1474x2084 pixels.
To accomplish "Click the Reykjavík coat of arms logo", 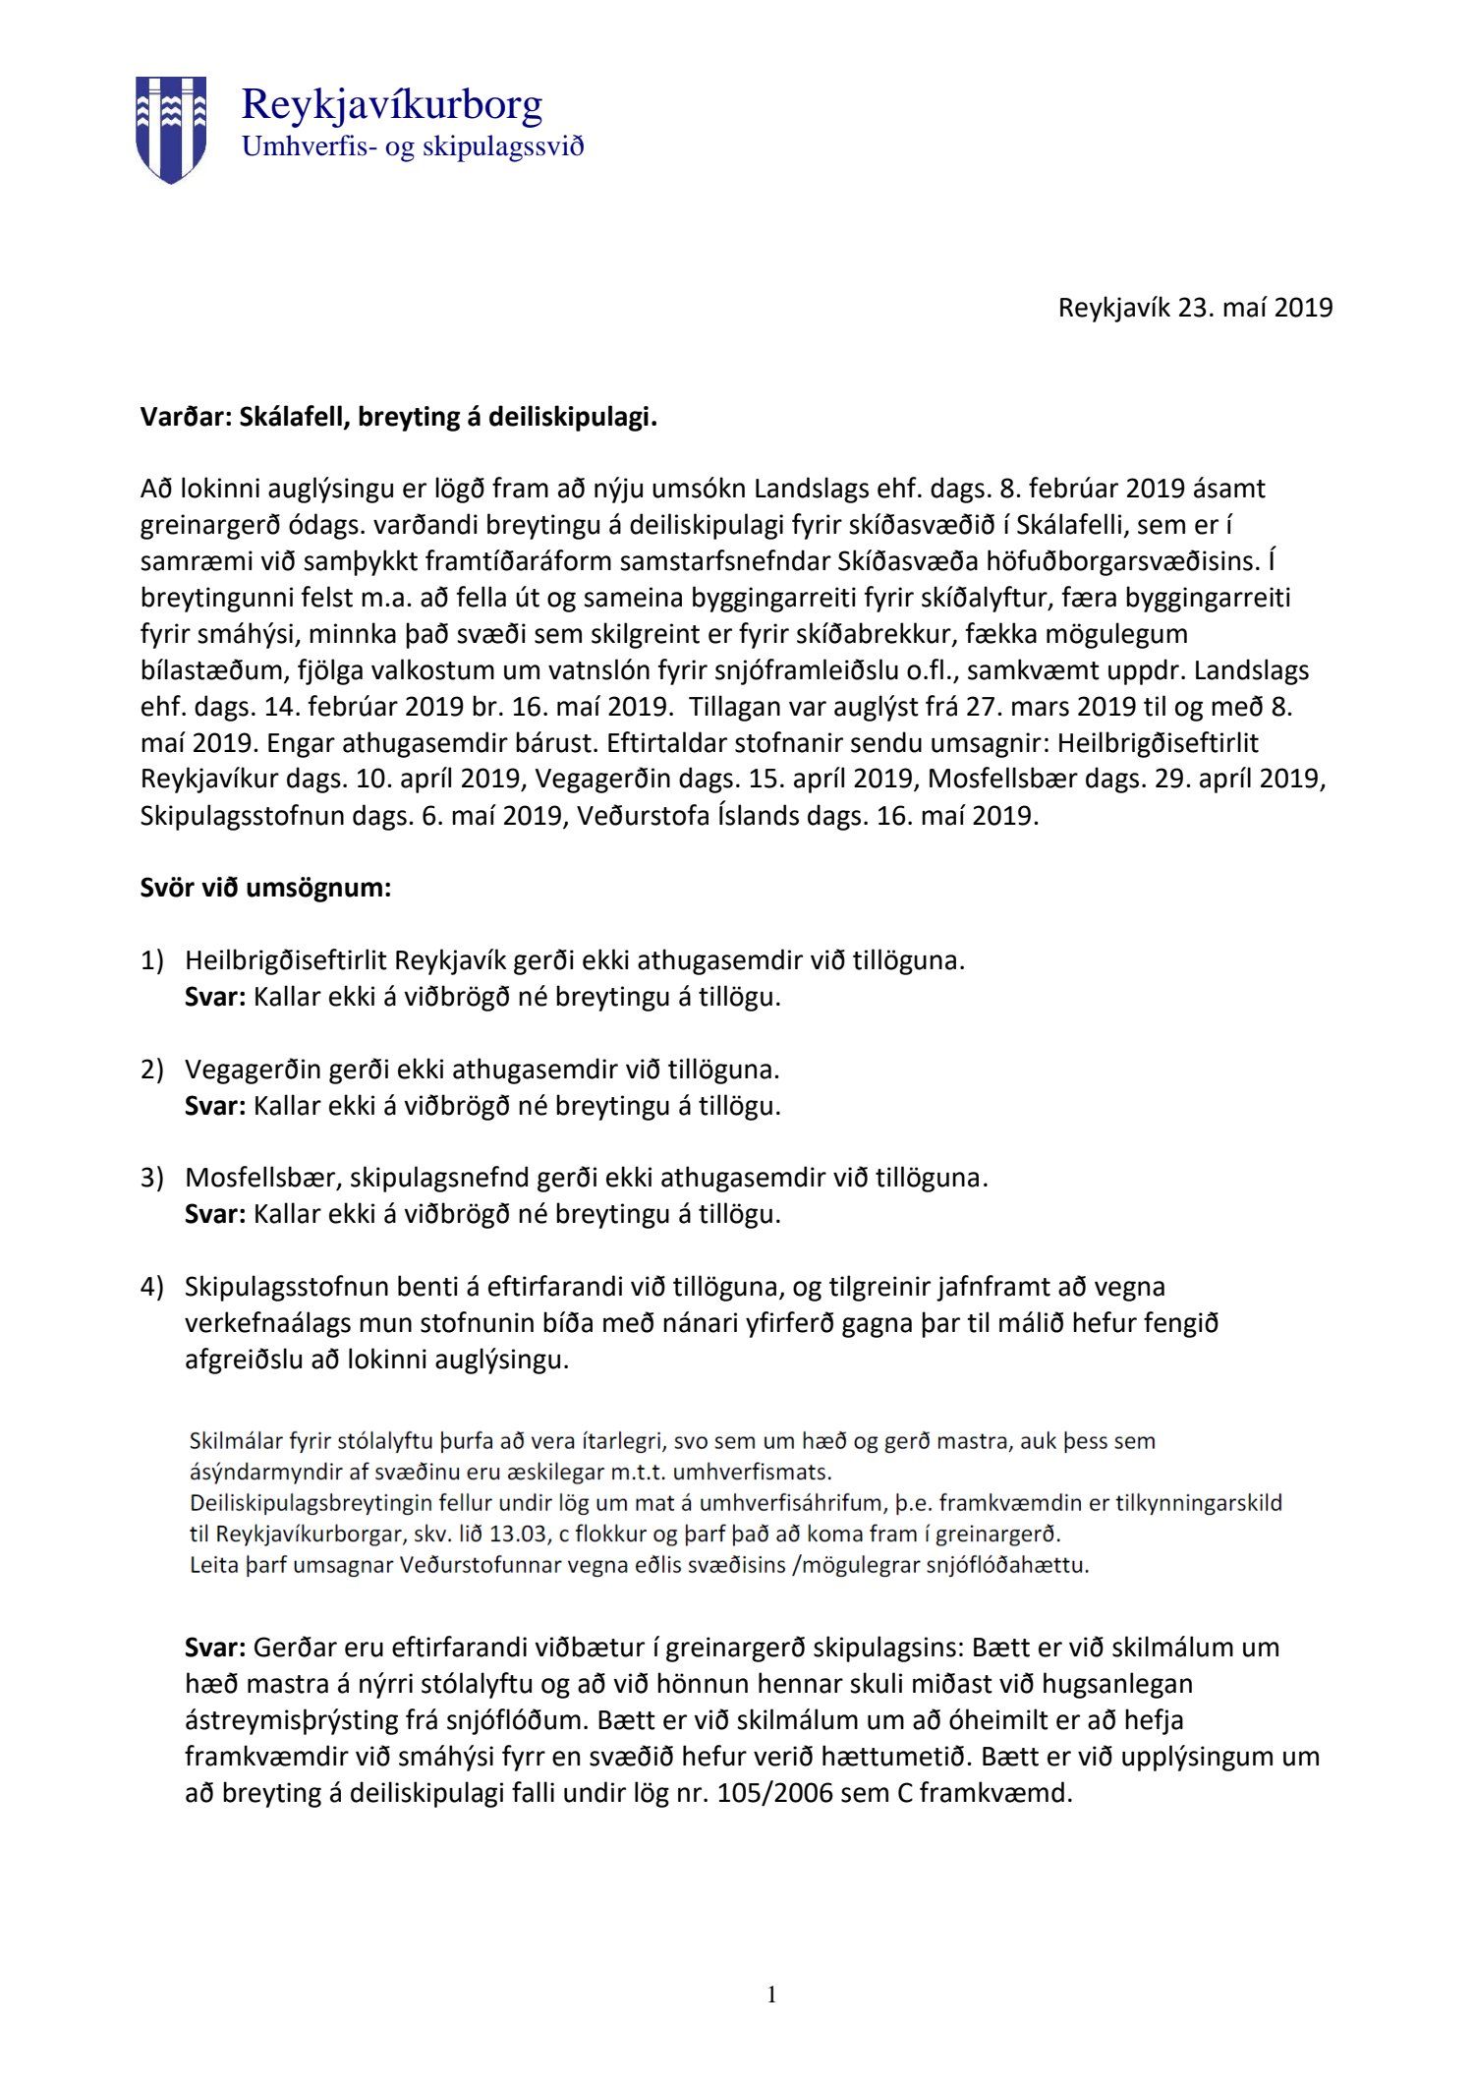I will point(171,129).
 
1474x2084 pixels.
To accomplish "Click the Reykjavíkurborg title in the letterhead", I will point(391,104).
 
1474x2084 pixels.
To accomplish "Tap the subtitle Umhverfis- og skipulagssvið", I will point(413,147).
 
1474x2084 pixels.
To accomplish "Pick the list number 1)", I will point(152,960).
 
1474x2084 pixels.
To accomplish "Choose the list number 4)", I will point(152,1287).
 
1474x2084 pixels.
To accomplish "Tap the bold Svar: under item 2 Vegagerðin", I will point(214,1106).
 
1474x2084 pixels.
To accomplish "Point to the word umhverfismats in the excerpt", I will point(767,1473).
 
